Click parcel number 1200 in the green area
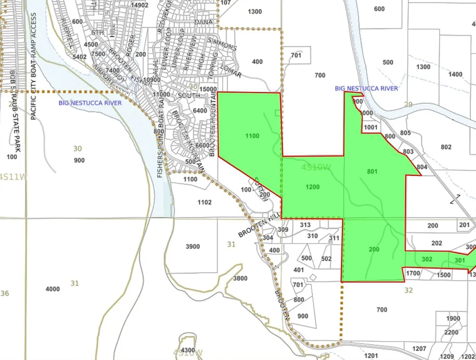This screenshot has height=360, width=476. pos(313,187)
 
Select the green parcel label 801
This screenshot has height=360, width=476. pos(372,172)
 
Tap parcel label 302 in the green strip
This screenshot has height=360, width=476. pos(427,260)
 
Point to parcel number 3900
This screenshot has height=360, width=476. pos(193,247)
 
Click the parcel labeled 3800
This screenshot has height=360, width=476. pos(240,279)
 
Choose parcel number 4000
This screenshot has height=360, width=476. pos(53,289)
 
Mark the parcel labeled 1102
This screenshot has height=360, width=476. pos(204,202)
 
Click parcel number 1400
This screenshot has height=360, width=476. pos(455,74)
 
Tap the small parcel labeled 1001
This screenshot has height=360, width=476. pos(371,128)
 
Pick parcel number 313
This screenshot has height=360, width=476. pos(305,225)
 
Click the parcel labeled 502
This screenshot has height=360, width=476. pos(326,259)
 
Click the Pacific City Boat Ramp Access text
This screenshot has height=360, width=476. pos(34,66)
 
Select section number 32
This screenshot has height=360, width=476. pos(408,290)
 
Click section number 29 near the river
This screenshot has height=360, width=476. pos(408,105)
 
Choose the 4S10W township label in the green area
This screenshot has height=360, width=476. pos(316,167)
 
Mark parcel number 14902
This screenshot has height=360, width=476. pos(139,5)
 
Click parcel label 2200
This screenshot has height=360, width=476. pos(451,332)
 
